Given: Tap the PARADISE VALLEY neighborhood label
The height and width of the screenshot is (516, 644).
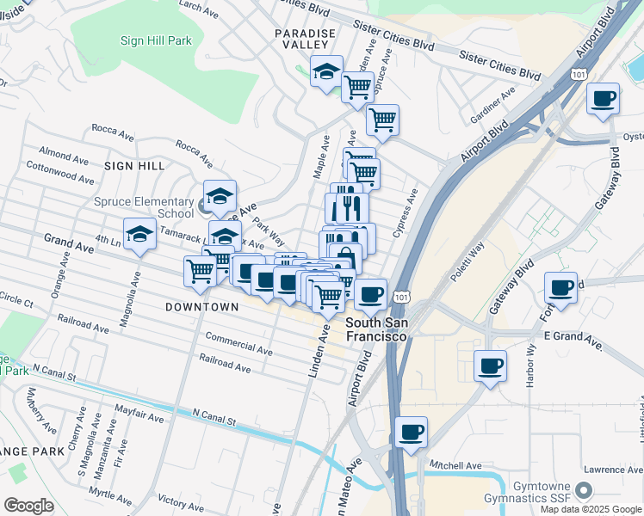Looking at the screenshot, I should point(304,40).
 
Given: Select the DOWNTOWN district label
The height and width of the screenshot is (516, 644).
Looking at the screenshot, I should point(202,307).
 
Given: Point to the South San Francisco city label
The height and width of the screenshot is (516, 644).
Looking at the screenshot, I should point(376,330).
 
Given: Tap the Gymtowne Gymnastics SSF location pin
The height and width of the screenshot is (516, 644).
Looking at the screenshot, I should point(585,491).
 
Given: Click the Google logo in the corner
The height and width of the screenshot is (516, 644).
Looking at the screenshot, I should point(28,506).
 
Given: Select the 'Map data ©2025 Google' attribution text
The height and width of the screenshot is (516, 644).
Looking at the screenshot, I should point(591,509).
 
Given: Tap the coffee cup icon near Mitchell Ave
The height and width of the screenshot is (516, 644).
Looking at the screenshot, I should point(412,431).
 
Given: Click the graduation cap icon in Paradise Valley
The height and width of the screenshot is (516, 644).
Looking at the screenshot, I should point(326,72).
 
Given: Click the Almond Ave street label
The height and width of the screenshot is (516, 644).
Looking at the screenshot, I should point(64,159).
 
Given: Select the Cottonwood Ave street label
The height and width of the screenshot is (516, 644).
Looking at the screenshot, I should point(60,173).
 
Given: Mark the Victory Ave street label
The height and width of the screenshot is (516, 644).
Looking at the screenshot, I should point(181,501).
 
